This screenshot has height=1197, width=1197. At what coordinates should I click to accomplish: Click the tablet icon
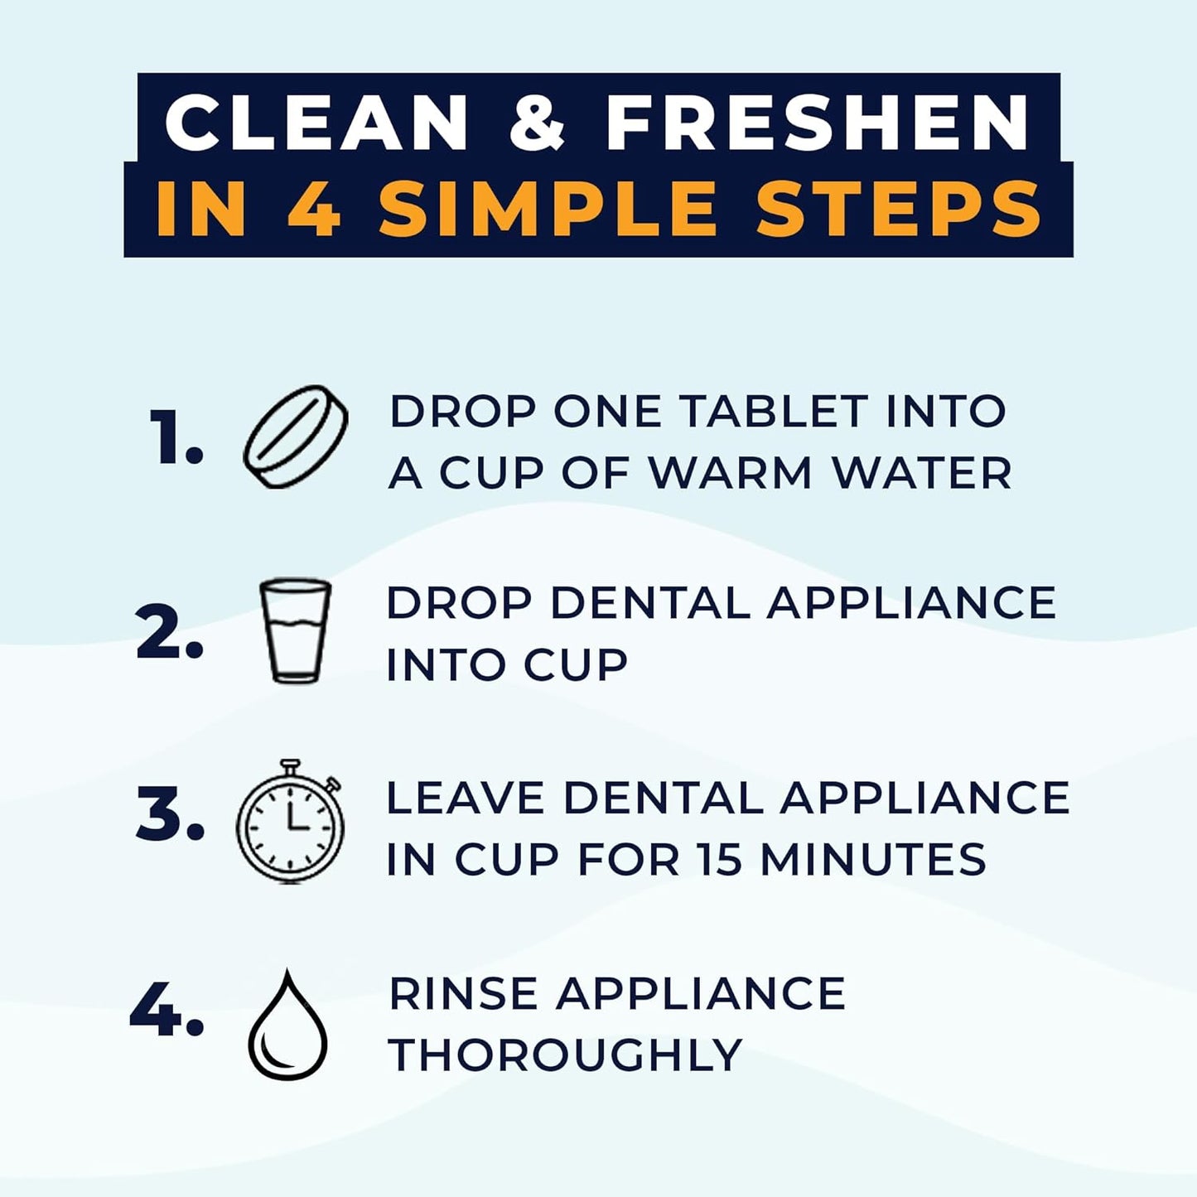click(295, 437)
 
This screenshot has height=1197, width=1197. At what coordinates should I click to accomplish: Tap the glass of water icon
click(295, 630)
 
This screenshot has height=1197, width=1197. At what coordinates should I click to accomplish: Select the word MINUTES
click(873, 859)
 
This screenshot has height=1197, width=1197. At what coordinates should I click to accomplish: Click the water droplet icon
click(287, 1027)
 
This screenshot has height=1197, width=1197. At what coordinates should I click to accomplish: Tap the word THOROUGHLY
click(565, 1055)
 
